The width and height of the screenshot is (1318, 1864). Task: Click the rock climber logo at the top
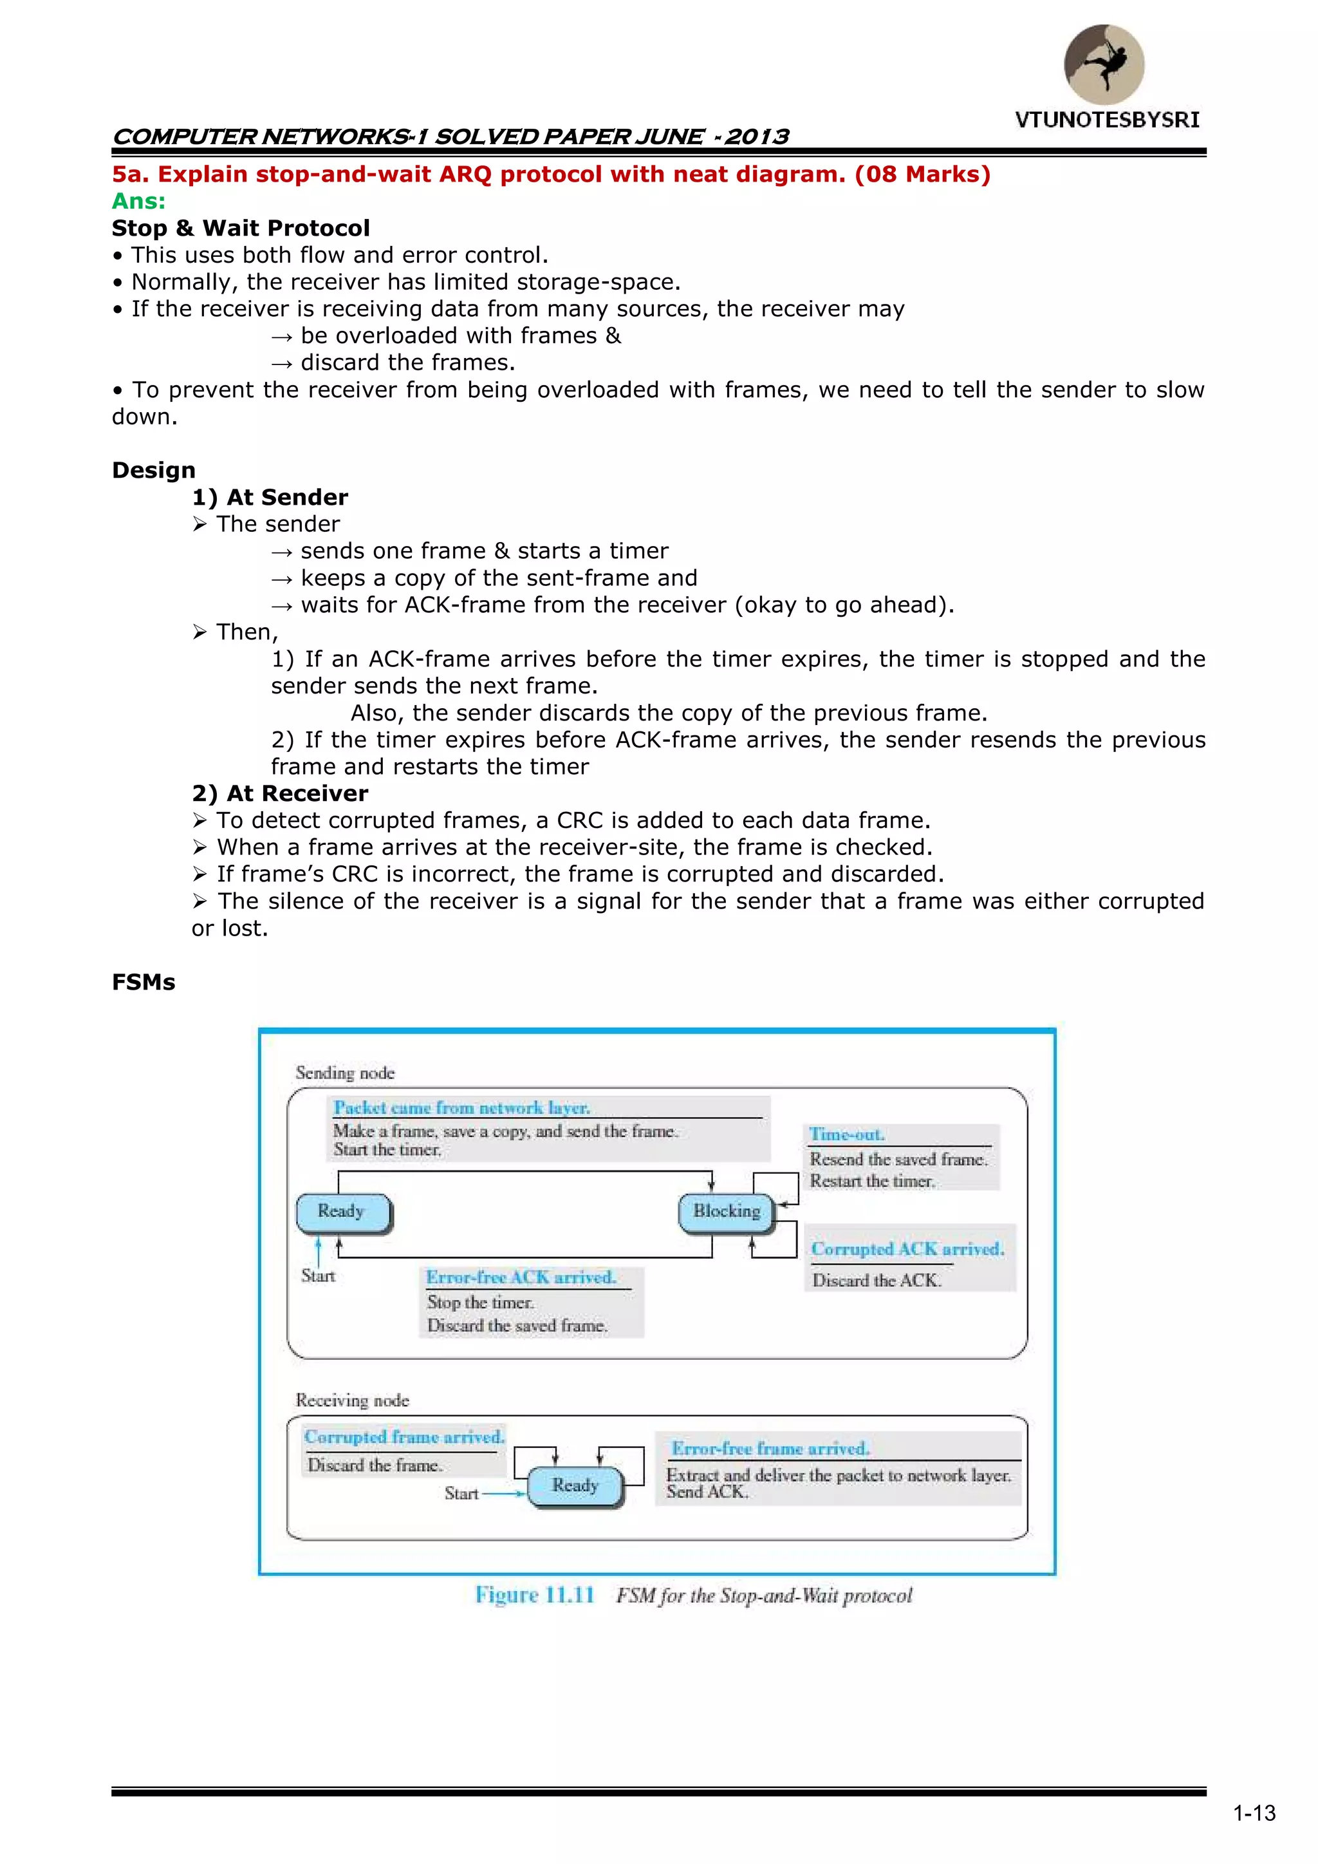[1104, 64]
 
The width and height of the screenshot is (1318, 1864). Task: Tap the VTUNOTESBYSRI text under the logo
[1106, 120]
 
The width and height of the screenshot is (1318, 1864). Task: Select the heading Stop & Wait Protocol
[240, 228]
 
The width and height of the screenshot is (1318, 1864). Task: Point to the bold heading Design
[153, 470]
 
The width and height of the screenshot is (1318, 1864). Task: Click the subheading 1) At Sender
[270, 497]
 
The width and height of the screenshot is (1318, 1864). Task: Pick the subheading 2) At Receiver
[279, 793]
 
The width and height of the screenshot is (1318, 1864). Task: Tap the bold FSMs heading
[143, 983]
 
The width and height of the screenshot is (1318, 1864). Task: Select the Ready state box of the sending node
[342, 1211]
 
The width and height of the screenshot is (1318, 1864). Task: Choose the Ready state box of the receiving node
[575, 1485]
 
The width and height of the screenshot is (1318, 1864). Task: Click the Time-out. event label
[846, 1134]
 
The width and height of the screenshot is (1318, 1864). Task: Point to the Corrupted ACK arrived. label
[907, 1250]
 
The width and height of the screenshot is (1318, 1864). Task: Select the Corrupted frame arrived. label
[404, 1437]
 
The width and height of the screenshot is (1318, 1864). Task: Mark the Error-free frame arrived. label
[770, 1448]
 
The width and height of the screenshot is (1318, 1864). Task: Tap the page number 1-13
[1254, 1813]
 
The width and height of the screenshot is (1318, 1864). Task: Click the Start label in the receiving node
[461, 1493]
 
